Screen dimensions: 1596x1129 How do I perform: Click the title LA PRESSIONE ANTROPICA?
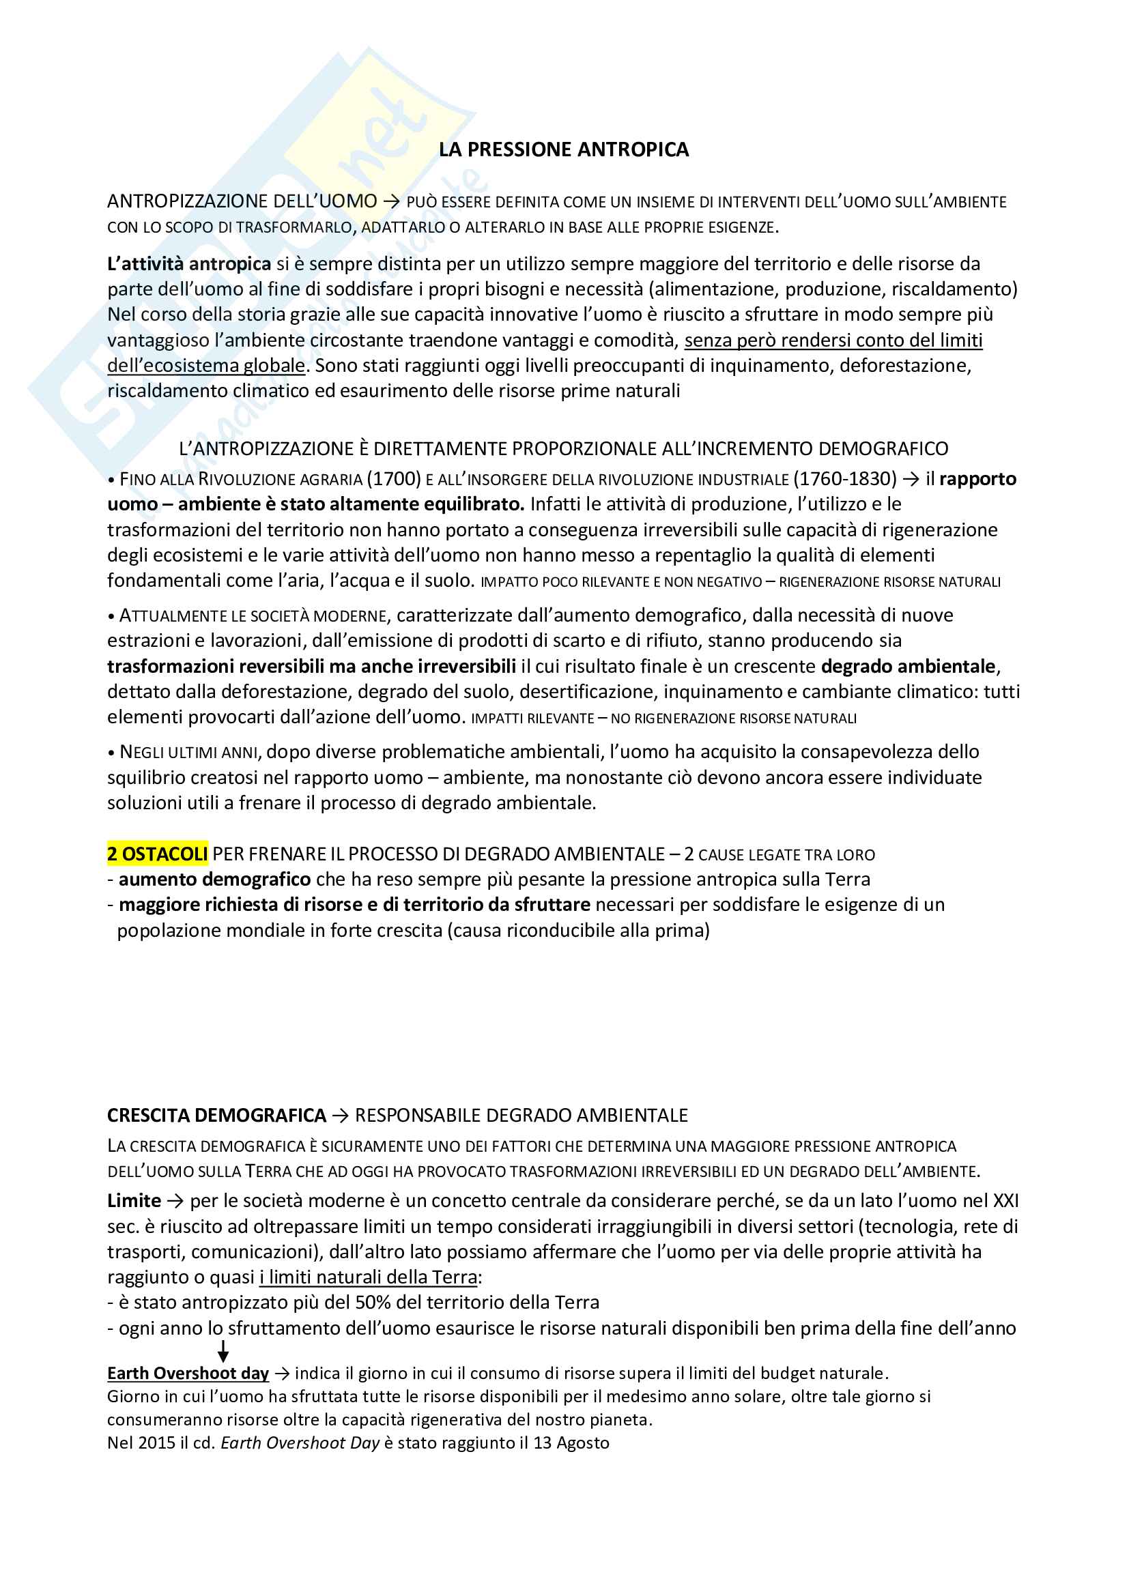563,149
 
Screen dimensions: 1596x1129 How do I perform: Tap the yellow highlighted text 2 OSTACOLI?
157,854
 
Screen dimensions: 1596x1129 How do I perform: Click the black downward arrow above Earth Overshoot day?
223,1351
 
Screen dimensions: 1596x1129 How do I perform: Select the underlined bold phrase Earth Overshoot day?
188,1374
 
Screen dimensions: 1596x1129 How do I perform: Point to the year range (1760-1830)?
846,479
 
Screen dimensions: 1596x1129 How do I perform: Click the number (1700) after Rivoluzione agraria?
394,479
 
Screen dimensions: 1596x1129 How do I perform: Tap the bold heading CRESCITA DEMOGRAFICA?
216,1116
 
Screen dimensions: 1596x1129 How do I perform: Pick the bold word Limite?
134,1201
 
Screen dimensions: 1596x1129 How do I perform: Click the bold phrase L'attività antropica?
189,264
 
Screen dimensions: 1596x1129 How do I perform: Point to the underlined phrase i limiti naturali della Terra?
369,1277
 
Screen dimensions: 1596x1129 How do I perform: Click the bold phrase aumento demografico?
215,880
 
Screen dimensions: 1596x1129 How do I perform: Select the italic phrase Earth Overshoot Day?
300,1443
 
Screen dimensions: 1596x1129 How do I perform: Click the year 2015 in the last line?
156,1443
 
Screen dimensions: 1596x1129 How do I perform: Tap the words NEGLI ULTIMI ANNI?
188,752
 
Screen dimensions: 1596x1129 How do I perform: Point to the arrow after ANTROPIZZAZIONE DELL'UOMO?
391,201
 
